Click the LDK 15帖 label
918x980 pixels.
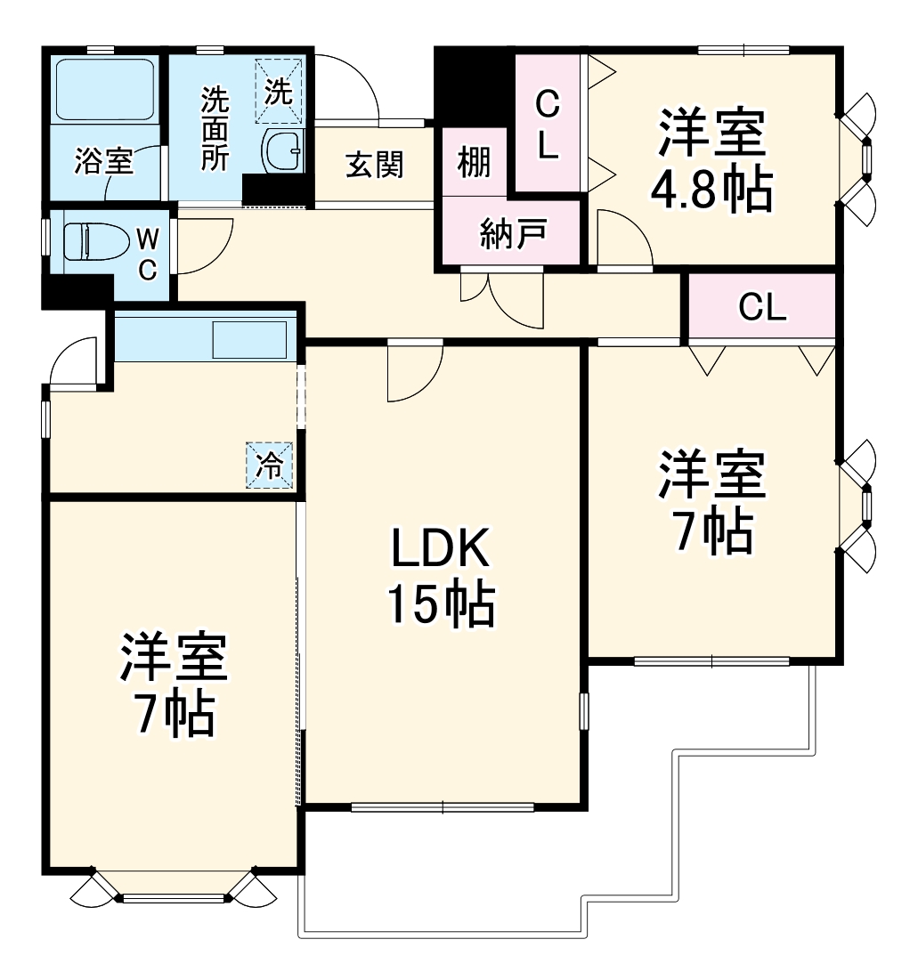440,577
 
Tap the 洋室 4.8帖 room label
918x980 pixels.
711,160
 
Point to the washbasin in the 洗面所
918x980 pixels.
285,150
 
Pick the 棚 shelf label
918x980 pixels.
474,163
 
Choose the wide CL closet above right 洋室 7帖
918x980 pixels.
762,308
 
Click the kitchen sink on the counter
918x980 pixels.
248,339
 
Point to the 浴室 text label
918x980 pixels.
104,162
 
